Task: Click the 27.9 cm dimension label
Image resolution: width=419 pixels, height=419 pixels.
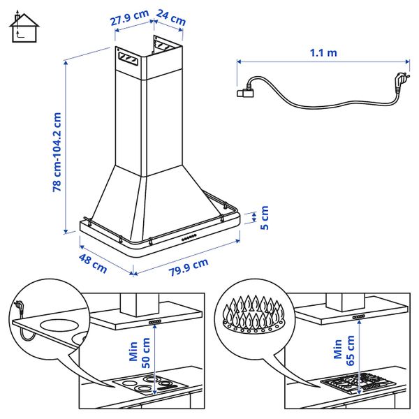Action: click(129, 17)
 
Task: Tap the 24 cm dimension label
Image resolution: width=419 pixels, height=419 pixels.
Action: click(171, 17)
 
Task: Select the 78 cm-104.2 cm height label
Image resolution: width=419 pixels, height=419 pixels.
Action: click(57, 152)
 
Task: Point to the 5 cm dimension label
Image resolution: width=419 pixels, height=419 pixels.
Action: click(264, 217)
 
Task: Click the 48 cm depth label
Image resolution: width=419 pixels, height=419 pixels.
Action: click(93, 264)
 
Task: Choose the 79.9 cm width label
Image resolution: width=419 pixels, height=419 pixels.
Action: click(189, 267)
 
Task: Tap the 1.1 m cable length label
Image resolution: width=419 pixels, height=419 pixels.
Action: click(323, 53)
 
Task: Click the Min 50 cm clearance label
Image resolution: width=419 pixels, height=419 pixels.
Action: click(139, 353)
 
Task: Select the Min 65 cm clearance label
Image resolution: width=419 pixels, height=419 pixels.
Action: click(344, 351)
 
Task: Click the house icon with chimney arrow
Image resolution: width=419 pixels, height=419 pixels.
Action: click(24, 27)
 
